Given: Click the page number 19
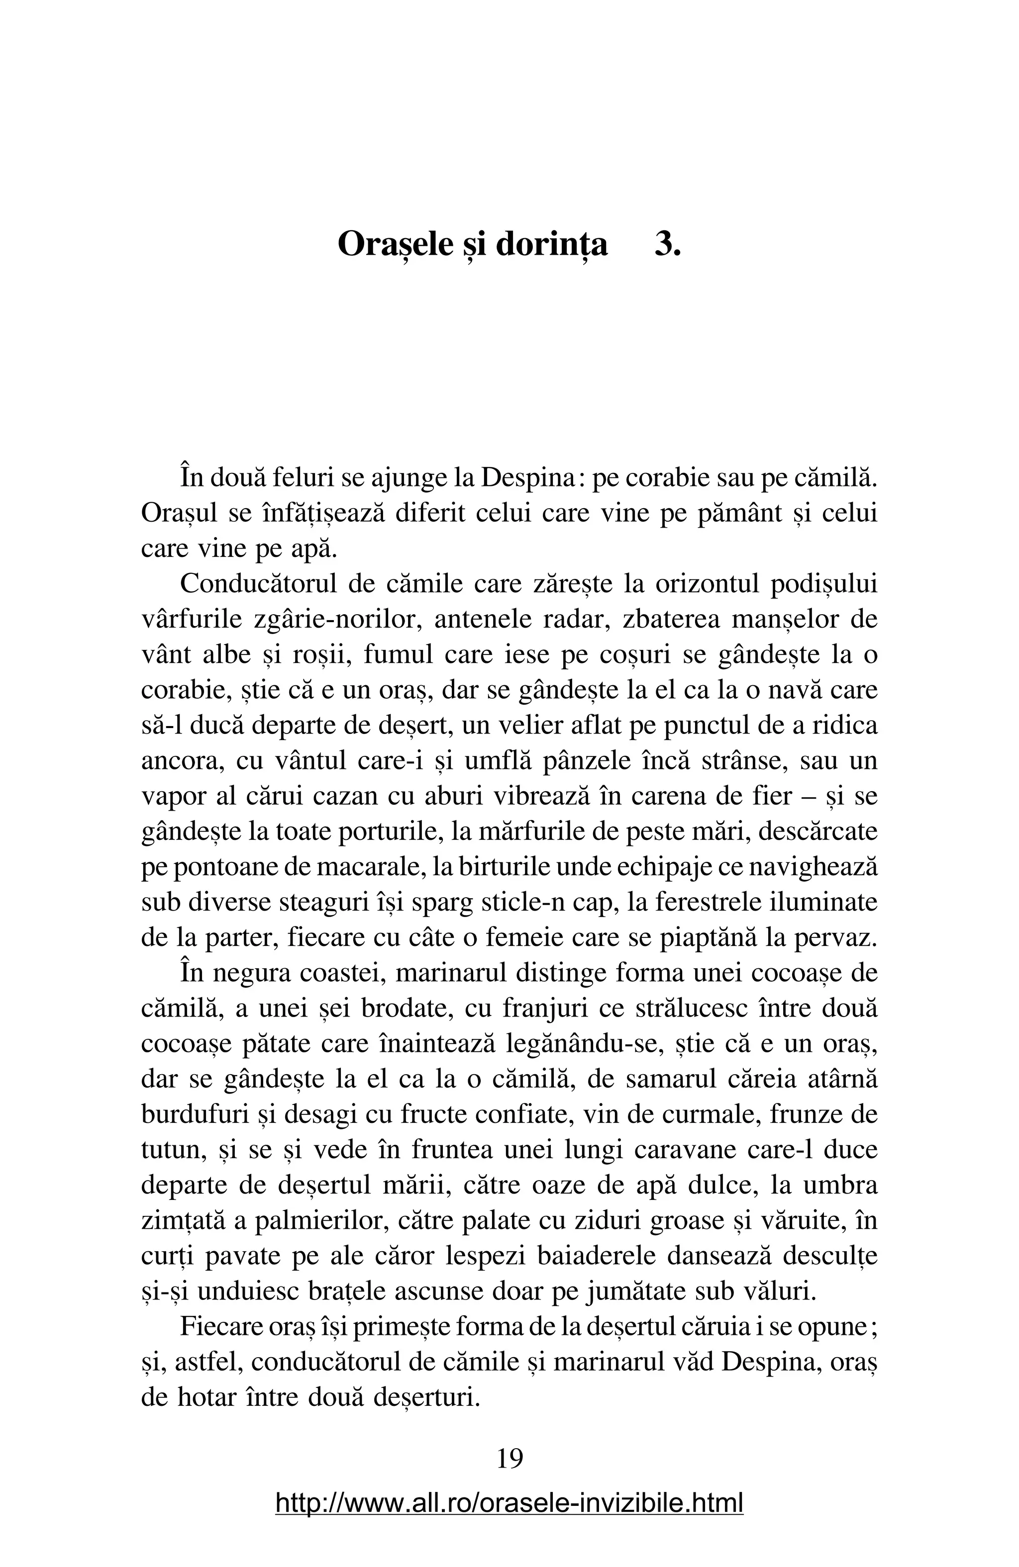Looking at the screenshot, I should [509, 1459].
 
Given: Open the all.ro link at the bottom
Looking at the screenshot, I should [509, 1504].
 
